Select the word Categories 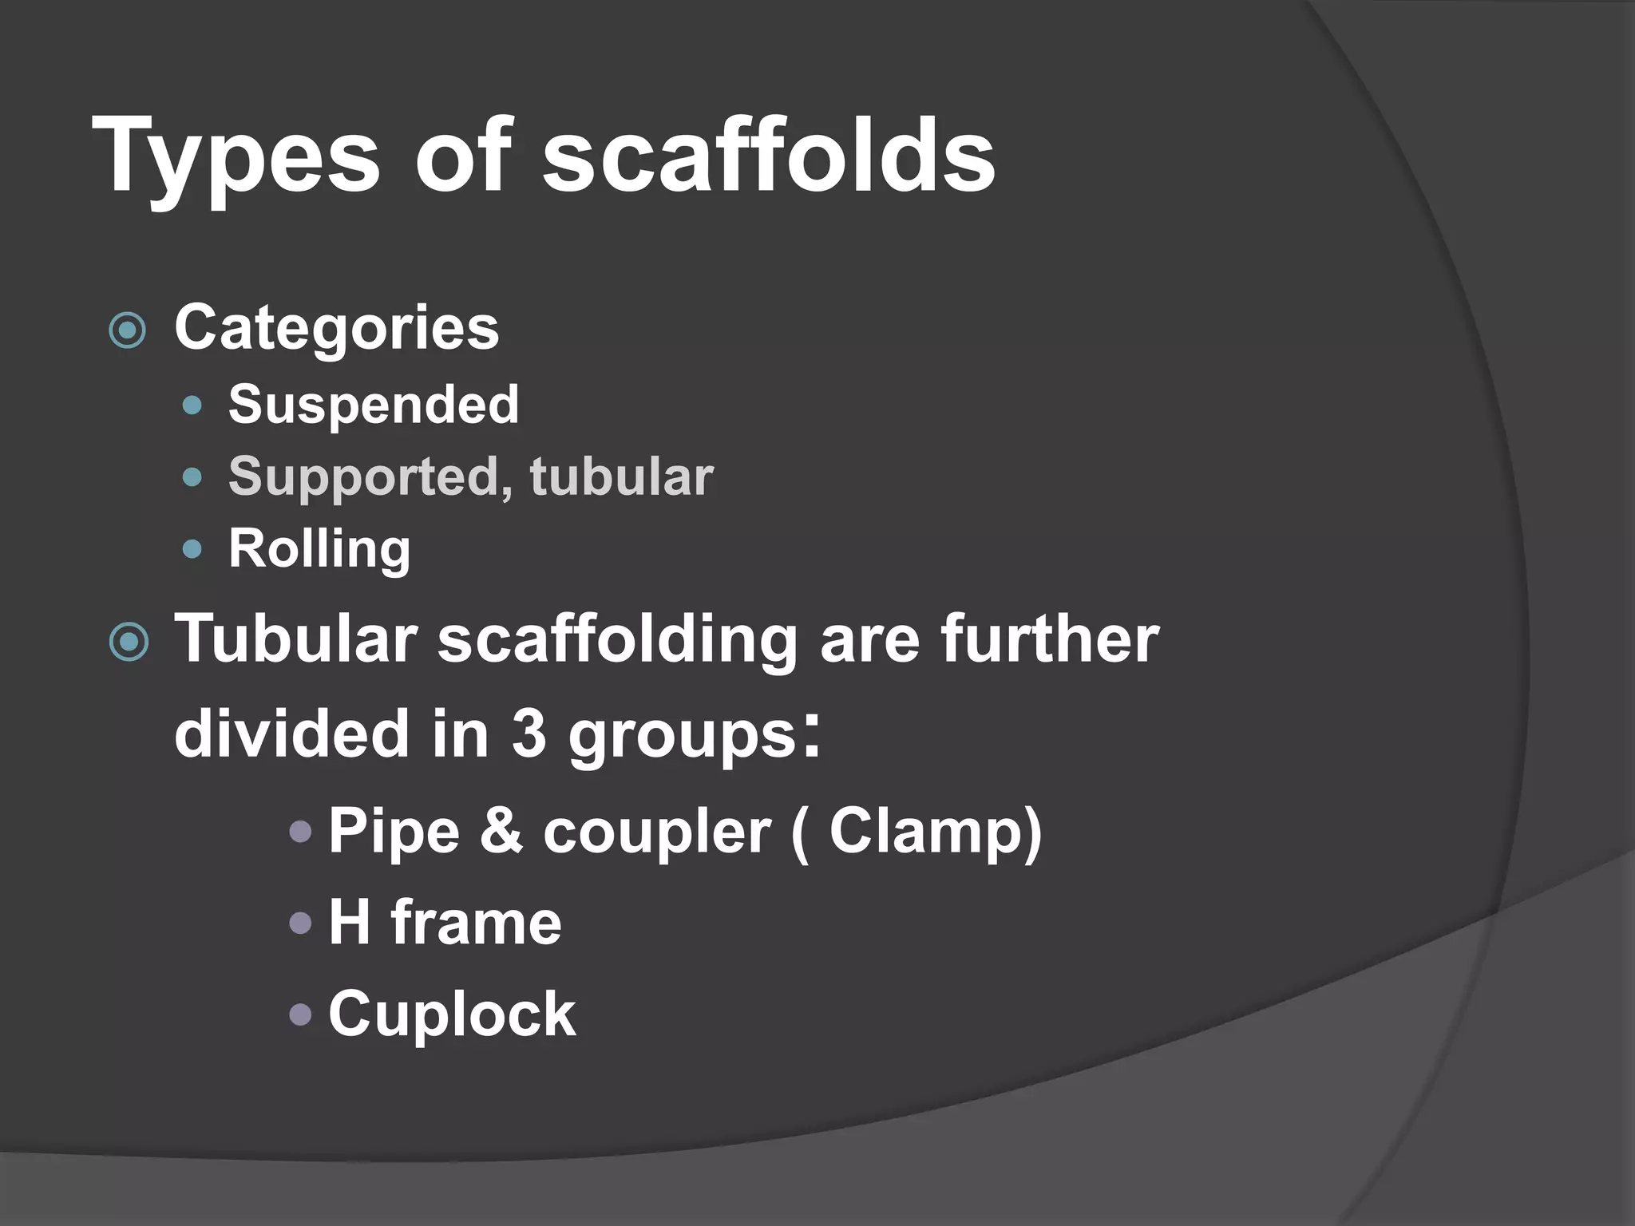pos(336,328)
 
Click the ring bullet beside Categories pos(128,330)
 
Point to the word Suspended pos(374,405)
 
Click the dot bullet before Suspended pos(192,405)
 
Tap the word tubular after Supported pos(621,477)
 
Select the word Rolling pos(319,549)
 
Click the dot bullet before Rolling pos(192,549)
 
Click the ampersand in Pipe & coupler pos(501,831)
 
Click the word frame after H pos(476,923)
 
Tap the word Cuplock pos(452,1014)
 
